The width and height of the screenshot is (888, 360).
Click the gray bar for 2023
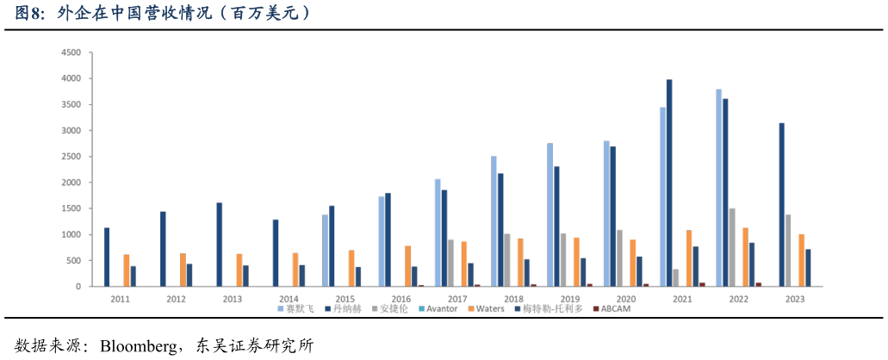tap(788, 250)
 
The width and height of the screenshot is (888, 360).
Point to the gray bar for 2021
tap(675, 277)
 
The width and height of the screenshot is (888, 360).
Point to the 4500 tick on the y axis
tap(71, 53)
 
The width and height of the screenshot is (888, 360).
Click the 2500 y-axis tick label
tap(71, 157)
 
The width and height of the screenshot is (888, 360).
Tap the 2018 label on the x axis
tap(513, 298)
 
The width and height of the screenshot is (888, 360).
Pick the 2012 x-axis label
tap(176, 298)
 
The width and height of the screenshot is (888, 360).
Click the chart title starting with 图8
tap(164, 14)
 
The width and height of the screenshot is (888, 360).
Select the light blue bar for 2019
tap(550, 214)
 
